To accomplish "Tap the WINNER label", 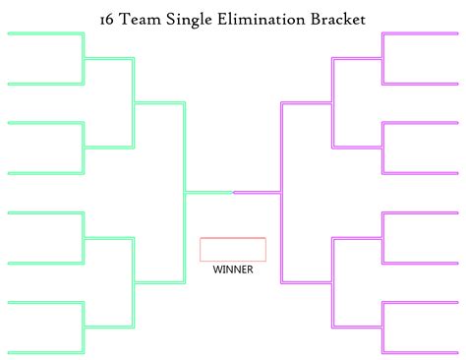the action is pyautogui.click(x=233, y=269).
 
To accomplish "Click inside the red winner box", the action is pyautogui.click(x=233, y=249).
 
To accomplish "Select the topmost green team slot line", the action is pyautogui.click(x=45, y=33).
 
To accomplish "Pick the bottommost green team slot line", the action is pyautogui.click(x=45, y=352).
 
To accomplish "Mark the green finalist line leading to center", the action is pyautogui.click(x=208, y=192).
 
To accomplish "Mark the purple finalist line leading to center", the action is pyautogui.click(x=258, y=192).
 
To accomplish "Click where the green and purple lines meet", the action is pyautogui.click(x=233, y=192).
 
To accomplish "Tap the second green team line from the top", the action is pyautogui.click(x=45, y=84).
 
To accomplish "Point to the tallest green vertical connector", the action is pyautogui.click(x=184, y=192).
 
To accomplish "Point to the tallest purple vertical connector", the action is pyautogui.click(x=282, y=192).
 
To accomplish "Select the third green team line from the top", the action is pyautogui.click(x=45, y=123).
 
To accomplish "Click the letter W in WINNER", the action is pyautogui.click(x=217, y=269).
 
